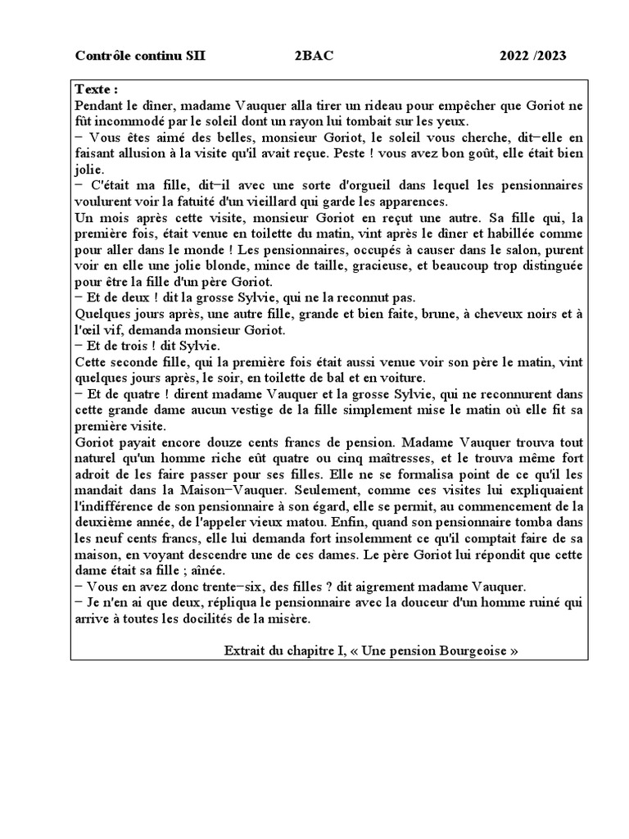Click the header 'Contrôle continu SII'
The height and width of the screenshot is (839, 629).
coord(141,57)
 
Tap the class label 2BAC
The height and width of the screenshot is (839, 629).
coord(314,57)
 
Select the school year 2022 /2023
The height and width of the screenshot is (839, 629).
coord(533,57)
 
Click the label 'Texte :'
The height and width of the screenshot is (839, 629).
coord(97,89)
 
